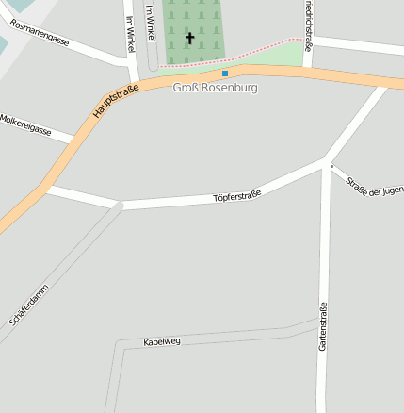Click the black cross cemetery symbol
click(189, 39)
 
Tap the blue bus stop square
click(224, 73)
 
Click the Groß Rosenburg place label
click(215, 88)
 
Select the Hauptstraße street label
click(116, 102)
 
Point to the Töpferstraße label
click(236, 196)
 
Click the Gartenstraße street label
click(323, 326)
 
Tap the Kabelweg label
click(161, 340)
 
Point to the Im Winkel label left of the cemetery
click(129, 33)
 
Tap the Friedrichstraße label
click(308, 19)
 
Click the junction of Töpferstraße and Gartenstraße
click(326, 164)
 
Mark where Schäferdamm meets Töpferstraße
click(119, 205)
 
